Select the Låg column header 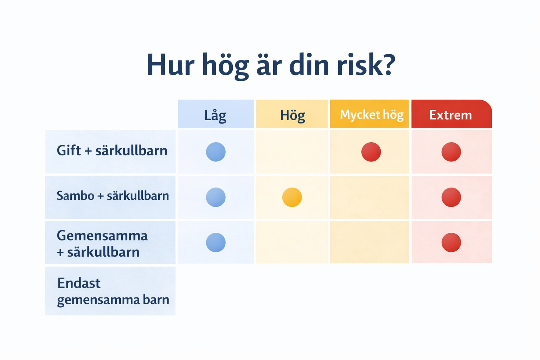[x=216, y=114]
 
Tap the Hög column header [x=292, y=114]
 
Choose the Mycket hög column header [x=369, y=114]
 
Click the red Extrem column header [x=451, y=114]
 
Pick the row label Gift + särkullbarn [x=112, y=151]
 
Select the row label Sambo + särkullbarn [x=112, y=195]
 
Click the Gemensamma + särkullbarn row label [x=102, y=244]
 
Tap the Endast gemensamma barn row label [x=113, y=291]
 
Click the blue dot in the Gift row [x=216, y=152]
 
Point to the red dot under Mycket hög [x=371, y=152]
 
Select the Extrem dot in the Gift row [x=451, y=152]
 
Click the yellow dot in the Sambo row [x=292, y=197]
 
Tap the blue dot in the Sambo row [x=216, y=197]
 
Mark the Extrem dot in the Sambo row [x=451, y=197]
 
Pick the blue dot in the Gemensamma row [x=216, y=242]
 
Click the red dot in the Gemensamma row [x=451, y=242]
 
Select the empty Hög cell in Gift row [x=292, y=152]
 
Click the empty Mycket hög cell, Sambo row [x=369, y=197]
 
